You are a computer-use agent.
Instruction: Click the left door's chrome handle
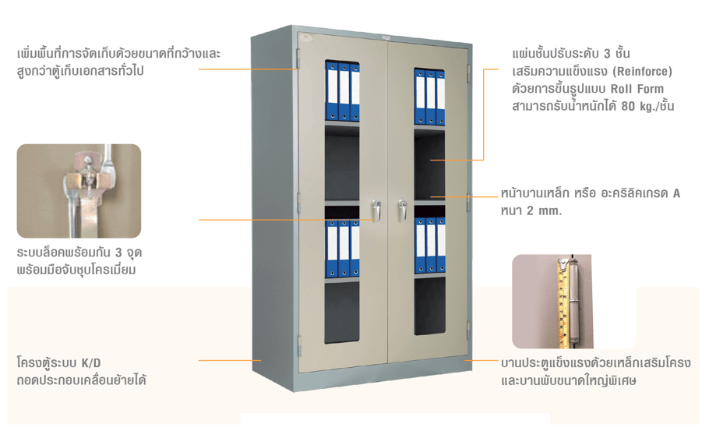tap(376, 210)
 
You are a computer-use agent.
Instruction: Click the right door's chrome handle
tap(402, 210)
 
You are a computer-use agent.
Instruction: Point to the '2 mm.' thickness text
tap(545, 211)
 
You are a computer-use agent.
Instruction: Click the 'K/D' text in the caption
tap(91, 362)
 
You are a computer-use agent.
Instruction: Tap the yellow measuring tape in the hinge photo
tap(563, 303)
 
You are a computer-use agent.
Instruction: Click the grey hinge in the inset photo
tap(573, 301)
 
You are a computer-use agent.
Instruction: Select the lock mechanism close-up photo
tap(79, 191)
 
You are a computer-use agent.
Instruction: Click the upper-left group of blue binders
tap(342, 92)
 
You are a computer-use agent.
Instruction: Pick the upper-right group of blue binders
tap(429, 97)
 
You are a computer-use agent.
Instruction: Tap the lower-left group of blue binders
tap(342, 249)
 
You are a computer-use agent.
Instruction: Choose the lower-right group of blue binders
tap(430, 246)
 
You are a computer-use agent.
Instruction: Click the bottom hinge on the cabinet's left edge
tap(299, 345)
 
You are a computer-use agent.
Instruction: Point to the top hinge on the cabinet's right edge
tap(469, 74)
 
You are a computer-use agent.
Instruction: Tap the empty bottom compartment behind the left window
tap(342, 311)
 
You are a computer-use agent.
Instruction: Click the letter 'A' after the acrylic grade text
tap(676, 193)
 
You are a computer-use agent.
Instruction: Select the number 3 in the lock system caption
tap(118, 253)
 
